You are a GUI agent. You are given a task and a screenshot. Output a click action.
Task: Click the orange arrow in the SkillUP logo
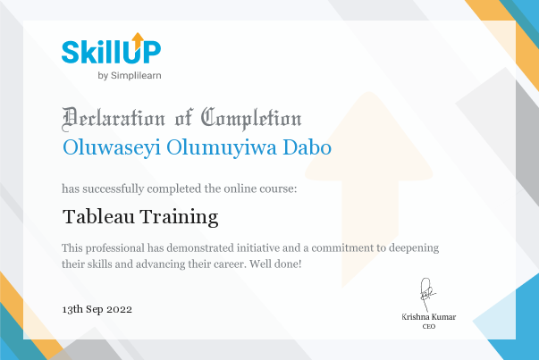coord(138,40)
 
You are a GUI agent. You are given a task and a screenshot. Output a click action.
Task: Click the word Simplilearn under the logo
coord(136,76)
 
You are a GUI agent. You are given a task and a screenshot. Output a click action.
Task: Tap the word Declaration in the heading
coord(114,119)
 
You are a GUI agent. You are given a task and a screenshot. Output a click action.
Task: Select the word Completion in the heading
coord(251,119)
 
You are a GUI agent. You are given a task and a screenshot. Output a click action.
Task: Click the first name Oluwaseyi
coord(112,148)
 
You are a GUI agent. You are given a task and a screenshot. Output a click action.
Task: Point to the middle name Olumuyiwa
coord(222,148)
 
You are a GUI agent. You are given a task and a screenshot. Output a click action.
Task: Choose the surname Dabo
coord(307,147)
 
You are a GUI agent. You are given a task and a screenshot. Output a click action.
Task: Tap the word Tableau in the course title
coord(98,217)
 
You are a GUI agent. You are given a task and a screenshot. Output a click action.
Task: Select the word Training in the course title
coord(179,217)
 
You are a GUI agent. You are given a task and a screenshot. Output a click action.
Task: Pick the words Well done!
coord(275,264)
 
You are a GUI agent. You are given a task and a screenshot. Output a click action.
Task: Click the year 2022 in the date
coord(119,309)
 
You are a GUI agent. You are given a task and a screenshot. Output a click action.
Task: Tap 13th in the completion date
coord(72,309)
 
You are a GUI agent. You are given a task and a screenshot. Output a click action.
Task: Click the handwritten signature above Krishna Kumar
coord(427,294)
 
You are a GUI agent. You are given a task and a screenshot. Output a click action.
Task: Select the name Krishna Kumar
coord(429,317)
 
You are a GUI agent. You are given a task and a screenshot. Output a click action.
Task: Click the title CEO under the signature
coord(429,326)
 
